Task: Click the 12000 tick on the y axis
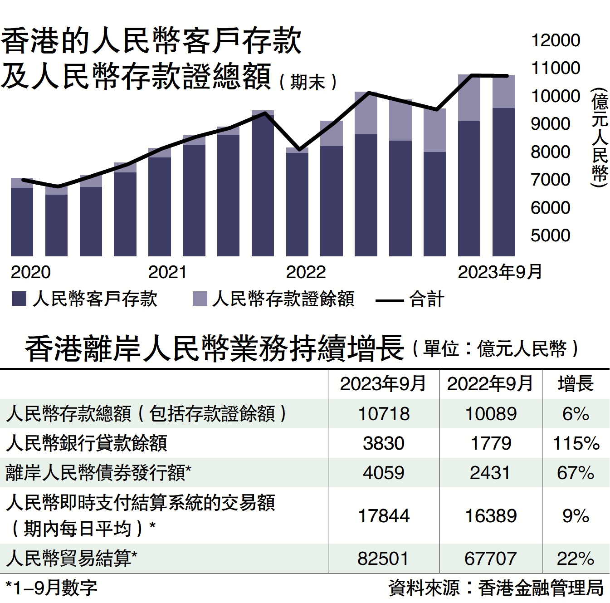click(x=556, y=40)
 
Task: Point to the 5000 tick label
click(x=550, y=235)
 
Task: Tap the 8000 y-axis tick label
click(x=550, y=152)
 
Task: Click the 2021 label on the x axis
click(x=167, y=272)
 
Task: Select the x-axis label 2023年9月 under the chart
click(x=500, y=272)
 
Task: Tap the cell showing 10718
click(x=384, y=414)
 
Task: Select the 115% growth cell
click(x=576, y=443)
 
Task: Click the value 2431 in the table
click(x=490, y=473)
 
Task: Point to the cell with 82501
click(x=383, y=559)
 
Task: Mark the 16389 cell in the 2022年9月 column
click(x=491, y=516)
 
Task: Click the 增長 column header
click(x=576, y=384)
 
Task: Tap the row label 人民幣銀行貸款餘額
click(x=87, y=443)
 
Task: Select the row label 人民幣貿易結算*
click(x=72, y=559)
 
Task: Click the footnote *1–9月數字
click(x=51, y=588)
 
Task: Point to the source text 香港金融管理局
click(x=541, y=588)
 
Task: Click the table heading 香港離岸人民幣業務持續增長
click(x=214, y=348)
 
